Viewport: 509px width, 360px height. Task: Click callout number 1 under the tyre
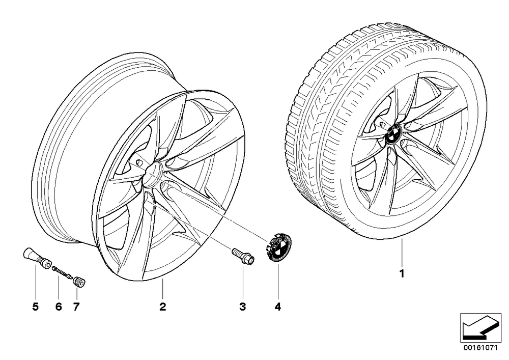(402, 273)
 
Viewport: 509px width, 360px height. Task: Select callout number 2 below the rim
(163, 307)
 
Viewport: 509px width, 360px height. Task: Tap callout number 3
(243, 307)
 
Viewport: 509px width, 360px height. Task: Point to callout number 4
(278, 307)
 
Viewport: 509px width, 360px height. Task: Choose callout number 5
(36, 307)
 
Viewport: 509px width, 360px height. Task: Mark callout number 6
(59, 307)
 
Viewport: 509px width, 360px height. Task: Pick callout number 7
(76, 307)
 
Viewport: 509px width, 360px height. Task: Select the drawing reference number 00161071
(482, 348)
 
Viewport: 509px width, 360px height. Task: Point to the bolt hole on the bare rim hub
(139, 161)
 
